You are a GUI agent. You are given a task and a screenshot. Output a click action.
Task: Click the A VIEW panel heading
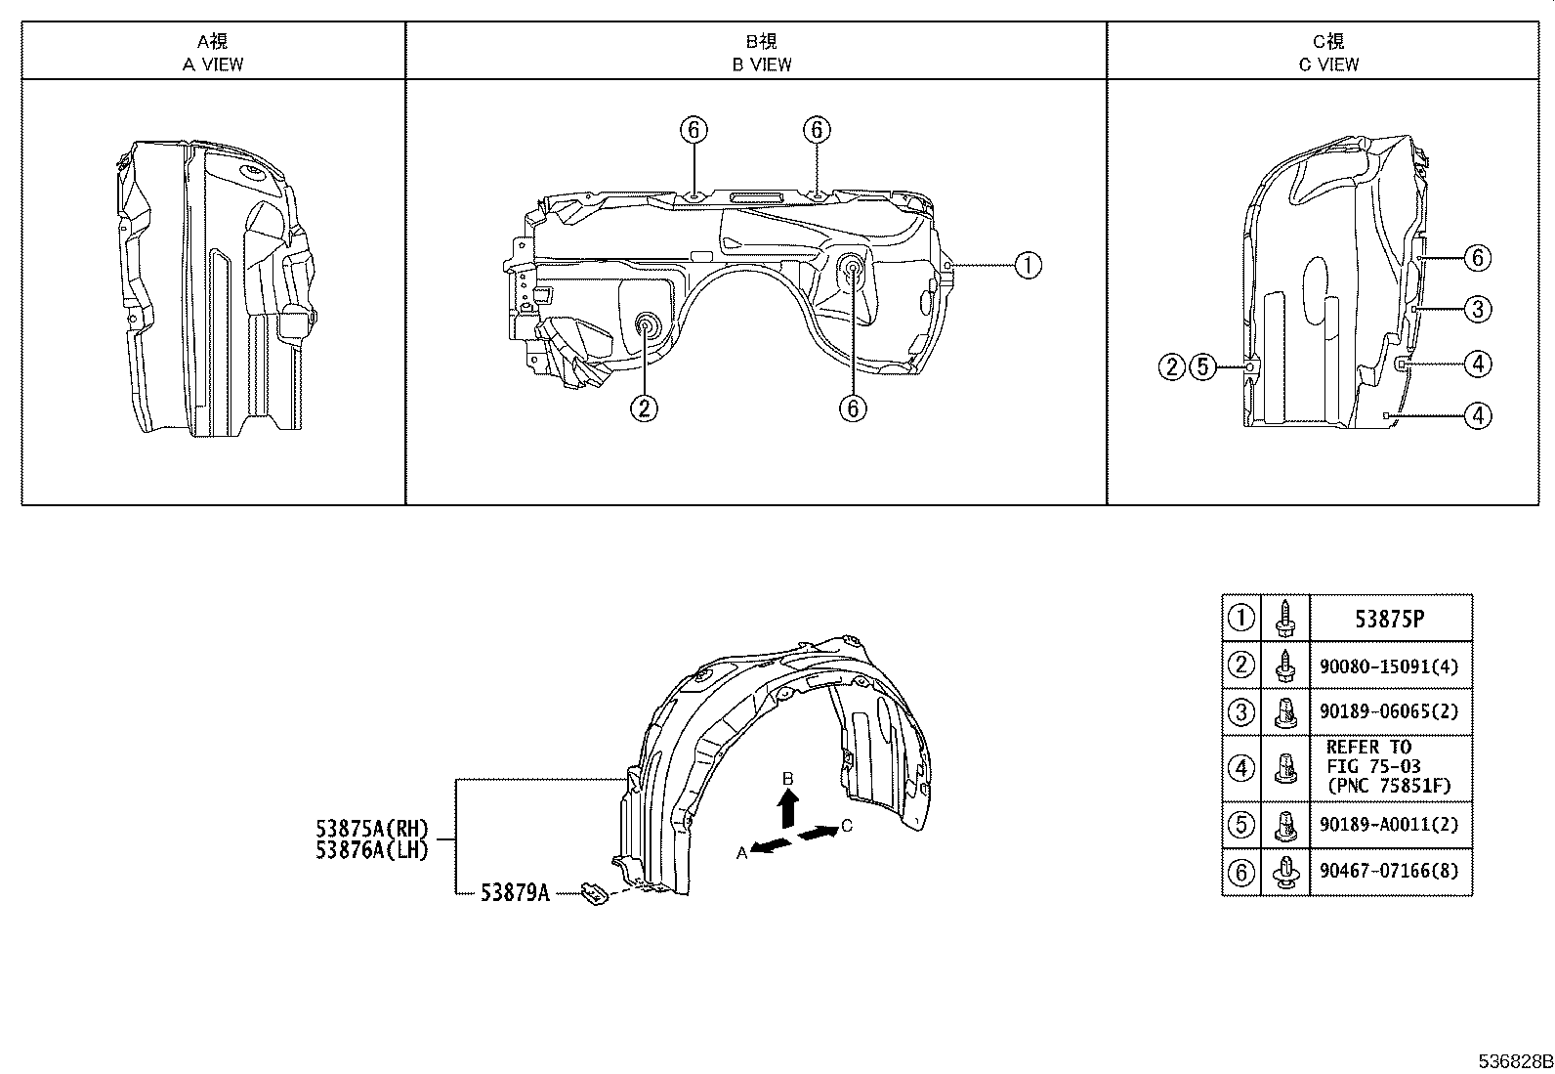click(x=213, y=53)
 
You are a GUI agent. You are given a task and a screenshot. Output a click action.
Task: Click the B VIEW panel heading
click(x=762, y=53)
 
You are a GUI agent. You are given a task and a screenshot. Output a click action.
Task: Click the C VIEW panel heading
click(x=1328, y=53)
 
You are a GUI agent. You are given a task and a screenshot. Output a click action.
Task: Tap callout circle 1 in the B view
click(x=1028, y=265)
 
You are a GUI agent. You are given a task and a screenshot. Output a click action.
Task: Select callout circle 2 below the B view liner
click(x=643, y=407)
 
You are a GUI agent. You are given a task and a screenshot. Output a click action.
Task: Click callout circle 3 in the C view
click(x=1478, y=310)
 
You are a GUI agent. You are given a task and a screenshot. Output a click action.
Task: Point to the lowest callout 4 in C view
click(x=1478, y=416)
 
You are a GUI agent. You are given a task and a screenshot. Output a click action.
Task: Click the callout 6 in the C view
click(x=1478, y=258)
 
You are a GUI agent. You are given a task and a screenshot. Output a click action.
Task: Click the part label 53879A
click(x=515, y=892)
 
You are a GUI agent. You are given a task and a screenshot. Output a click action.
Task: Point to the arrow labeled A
click(x=772, y=845)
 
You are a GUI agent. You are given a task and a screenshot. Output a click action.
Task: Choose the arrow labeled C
click(x=818, y=832)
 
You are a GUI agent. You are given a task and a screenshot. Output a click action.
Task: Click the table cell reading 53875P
click(x=1389, y=619)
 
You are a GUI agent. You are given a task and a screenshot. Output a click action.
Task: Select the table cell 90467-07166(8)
click(x=1389, y=872)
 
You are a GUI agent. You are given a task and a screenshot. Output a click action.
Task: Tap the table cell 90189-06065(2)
click(x=1389, y=712)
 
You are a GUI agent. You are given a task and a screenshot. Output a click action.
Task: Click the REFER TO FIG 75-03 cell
click(x=1389, y=767)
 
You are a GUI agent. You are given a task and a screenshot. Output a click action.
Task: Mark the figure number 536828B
click(x=1513, y=1061)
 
